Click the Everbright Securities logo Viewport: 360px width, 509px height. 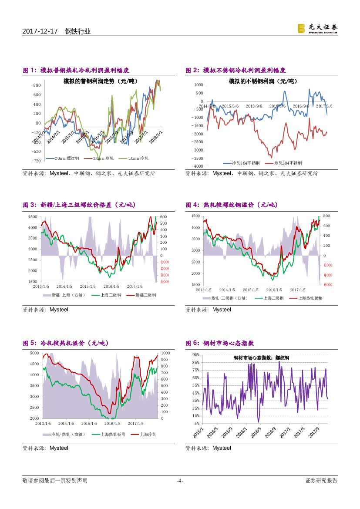tap(317, 28)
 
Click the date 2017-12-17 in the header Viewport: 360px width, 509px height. tap(40, 31)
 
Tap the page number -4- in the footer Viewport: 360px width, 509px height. tap(180, 481)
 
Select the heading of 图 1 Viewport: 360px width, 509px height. tap(76, 70)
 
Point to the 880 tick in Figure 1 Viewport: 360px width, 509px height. tap(37, 85)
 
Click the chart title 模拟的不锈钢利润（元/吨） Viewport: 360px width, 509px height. tap(263, 81)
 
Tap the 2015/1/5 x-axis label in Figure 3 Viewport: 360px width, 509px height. tap(88, 286)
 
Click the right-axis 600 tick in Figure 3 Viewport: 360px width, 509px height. tap(164, 217)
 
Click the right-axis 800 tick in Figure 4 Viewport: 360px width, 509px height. tap(326, 216)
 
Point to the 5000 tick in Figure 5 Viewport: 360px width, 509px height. tap(34, 353)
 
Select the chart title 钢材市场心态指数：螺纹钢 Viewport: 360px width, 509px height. tap(261, 357)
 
